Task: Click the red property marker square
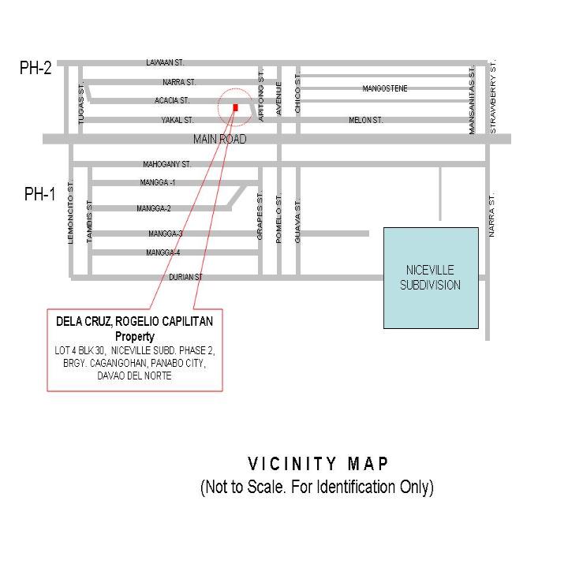(x=235, y=107)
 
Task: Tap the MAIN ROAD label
(x=219, y=139)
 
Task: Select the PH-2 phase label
(x=35, y=68)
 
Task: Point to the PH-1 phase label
(x=40, y=194)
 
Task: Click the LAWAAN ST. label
(x=165, y=62)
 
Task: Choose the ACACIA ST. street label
(x=172, y=100)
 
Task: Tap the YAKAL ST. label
(x=177, y=120)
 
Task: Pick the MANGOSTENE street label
(x=385, y=88)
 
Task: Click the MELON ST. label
(x=366, y=120)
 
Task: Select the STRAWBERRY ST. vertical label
(x=493, y=97)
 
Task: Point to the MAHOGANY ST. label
(x=166, y=164)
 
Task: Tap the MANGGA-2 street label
(x=154, y=208)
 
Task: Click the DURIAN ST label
(x=186, y=277)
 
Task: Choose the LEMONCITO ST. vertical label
(x=70, y=211)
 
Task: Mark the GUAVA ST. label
(x=297, y=220)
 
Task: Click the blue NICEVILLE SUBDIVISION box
(x=431, y=278)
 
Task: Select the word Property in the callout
(x=135, y=337)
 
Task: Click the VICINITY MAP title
(x=318, y=464)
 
